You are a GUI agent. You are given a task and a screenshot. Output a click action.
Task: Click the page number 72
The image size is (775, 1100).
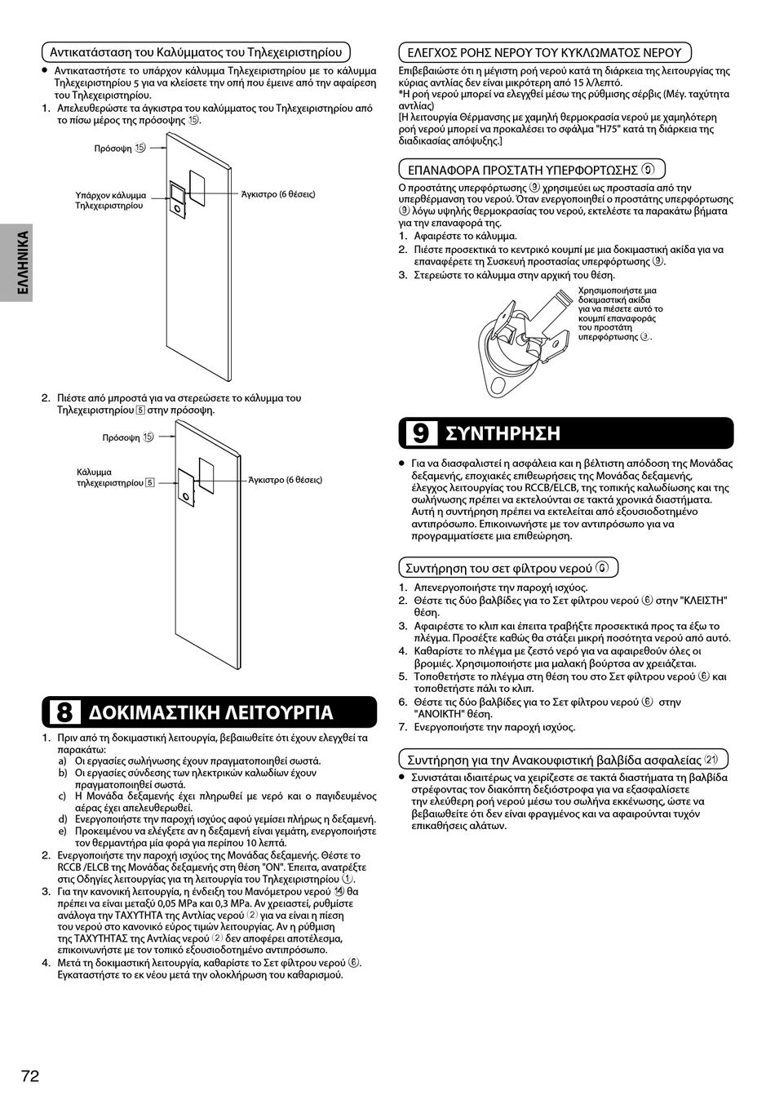click(29, 1076)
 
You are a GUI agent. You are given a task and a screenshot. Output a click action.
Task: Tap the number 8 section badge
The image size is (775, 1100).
click(64, 712)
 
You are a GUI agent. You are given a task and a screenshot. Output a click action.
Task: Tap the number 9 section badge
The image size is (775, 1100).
click(420, 432)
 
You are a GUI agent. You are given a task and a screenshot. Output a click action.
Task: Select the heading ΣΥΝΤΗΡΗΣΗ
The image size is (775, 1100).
click(503, 432)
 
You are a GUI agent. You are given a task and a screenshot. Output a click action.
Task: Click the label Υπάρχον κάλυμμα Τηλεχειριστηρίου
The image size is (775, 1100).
click(111, 201)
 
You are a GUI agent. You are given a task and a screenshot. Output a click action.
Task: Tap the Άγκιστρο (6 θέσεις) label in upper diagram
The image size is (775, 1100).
click(278, 194)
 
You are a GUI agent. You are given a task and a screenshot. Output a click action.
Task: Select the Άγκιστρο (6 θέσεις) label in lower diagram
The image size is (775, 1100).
click(285, 480)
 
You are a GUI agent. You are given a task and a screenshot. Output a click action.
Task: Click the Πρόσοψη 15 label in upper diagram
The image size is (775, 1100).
click(119, 149)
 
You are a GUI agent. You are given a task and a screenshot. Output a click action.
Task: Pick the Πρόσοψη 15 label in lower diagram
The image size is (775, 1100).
click(127, 437)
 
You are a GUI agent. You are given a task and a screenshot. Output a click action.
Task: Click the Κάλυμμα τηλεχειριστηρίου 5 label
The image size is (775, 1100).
click(115, 477)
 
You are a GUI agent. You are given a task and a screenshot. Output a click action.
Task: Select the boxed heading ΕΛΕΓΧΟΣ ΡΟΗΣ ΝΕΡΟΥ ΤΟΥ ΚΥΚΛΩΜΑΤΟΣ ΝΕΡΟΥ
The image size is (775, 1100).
click(544, 52)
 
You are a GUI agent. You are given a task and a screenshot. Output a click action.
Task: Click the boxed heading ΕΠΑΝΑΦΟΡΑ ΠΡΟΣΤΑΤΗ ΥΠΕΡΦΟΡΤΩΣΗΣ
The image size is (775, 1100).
click(531, 170)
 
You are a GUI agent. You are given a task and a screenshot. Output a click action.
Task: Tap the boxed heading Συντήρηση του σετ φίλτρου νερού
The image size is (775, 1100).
click(507, 568)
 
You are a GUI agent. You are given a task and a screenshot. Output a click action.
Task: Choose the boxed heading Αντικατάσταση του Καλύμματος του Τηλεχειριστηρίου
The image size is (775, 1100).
click(196, 52)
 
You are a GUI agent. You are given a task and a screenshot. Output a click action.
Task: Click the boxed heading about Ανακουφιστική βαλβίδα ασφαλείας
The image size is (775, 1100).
click(562, 760)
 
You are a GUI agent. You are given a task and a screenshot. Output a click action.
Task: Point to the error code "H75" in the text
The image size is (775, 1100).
click(610, 129)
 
